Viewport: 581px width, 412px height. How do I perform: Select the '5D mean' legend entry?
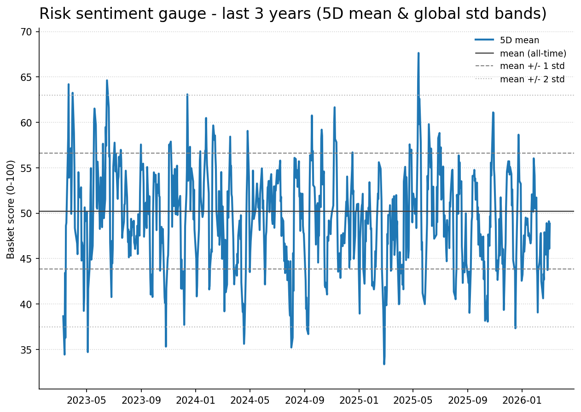tap(519, 40)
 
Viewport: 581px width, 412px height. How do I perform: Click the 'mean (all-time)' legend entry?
tap(533, 53)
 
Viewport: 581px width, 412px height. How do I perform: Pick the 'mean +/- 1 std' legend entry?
tap(532, 66)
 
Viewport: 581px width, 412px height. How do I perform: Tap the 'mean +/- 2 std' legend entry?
tap(532, 79)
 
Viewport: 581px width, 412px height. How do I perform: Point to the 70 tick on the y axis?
tap(26, 32)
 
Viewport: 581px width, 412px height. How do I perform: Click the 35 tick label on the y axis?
tap(26, 350)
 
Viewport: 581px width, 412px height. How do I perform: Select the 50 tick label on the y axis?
tap(26, 213)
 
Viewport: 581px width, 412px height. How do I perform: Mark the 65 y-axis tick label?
tap(26, 77)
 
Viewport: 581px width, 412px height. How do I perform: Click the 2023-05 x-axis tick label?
tap(87, 400)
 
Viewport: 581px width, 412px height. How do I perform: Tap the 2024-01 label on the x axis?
tap(196, 400)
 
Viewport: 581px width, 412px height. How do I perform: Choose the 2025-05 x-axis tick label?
tap(413, 400)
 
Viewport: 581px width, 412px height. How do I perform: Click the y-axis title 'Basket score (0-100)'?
tap(11, 209)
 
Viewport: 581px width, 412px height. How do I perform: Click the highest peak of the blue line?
tap(418, 53)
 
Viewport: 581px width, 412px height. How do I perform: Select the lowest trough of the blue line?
tap(384, 364)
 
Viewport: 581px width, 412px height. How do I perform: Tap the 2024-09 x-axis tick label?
tap(304, 400)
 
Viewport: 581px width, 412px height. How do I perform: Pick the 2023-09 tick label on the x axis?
tap(141, 400)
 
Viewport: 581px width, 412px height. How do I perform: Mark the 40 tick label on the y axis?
tap(26, 304)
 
